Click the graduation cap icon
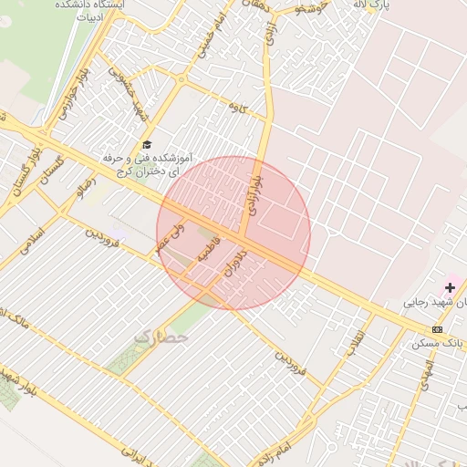click(147, 145)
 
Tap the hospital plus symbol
click(450, 287)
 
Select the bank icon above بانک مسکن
click(438, 329)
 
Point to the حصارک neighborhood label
click(161, 337)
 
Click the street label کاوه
click(239, 109)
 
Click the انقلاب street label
click(352, 343)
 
